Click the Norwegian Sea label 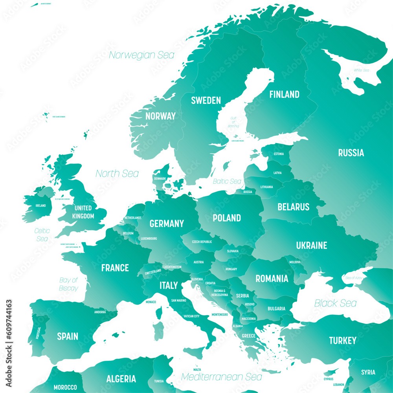[141, 55]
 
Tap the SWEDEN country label [206, 100]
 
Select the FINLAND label [284, 94]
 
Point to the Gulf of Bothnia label [233, 122]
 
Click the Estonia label [279, 154]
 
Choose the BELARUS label [293, 207]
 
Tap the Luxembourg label [149, 239]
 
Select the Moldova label [295, 262]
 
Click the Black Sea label [335, 303]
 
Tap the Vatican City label [191, 316]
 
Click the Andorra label [100, 312]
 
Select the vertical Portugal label [38, 333]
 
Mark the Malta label [197, 370]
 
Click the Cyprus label [329, 379]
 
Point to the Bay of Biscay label [69, 284]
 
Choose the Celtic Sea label [42, 235]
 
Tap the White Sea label [361, 70]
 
